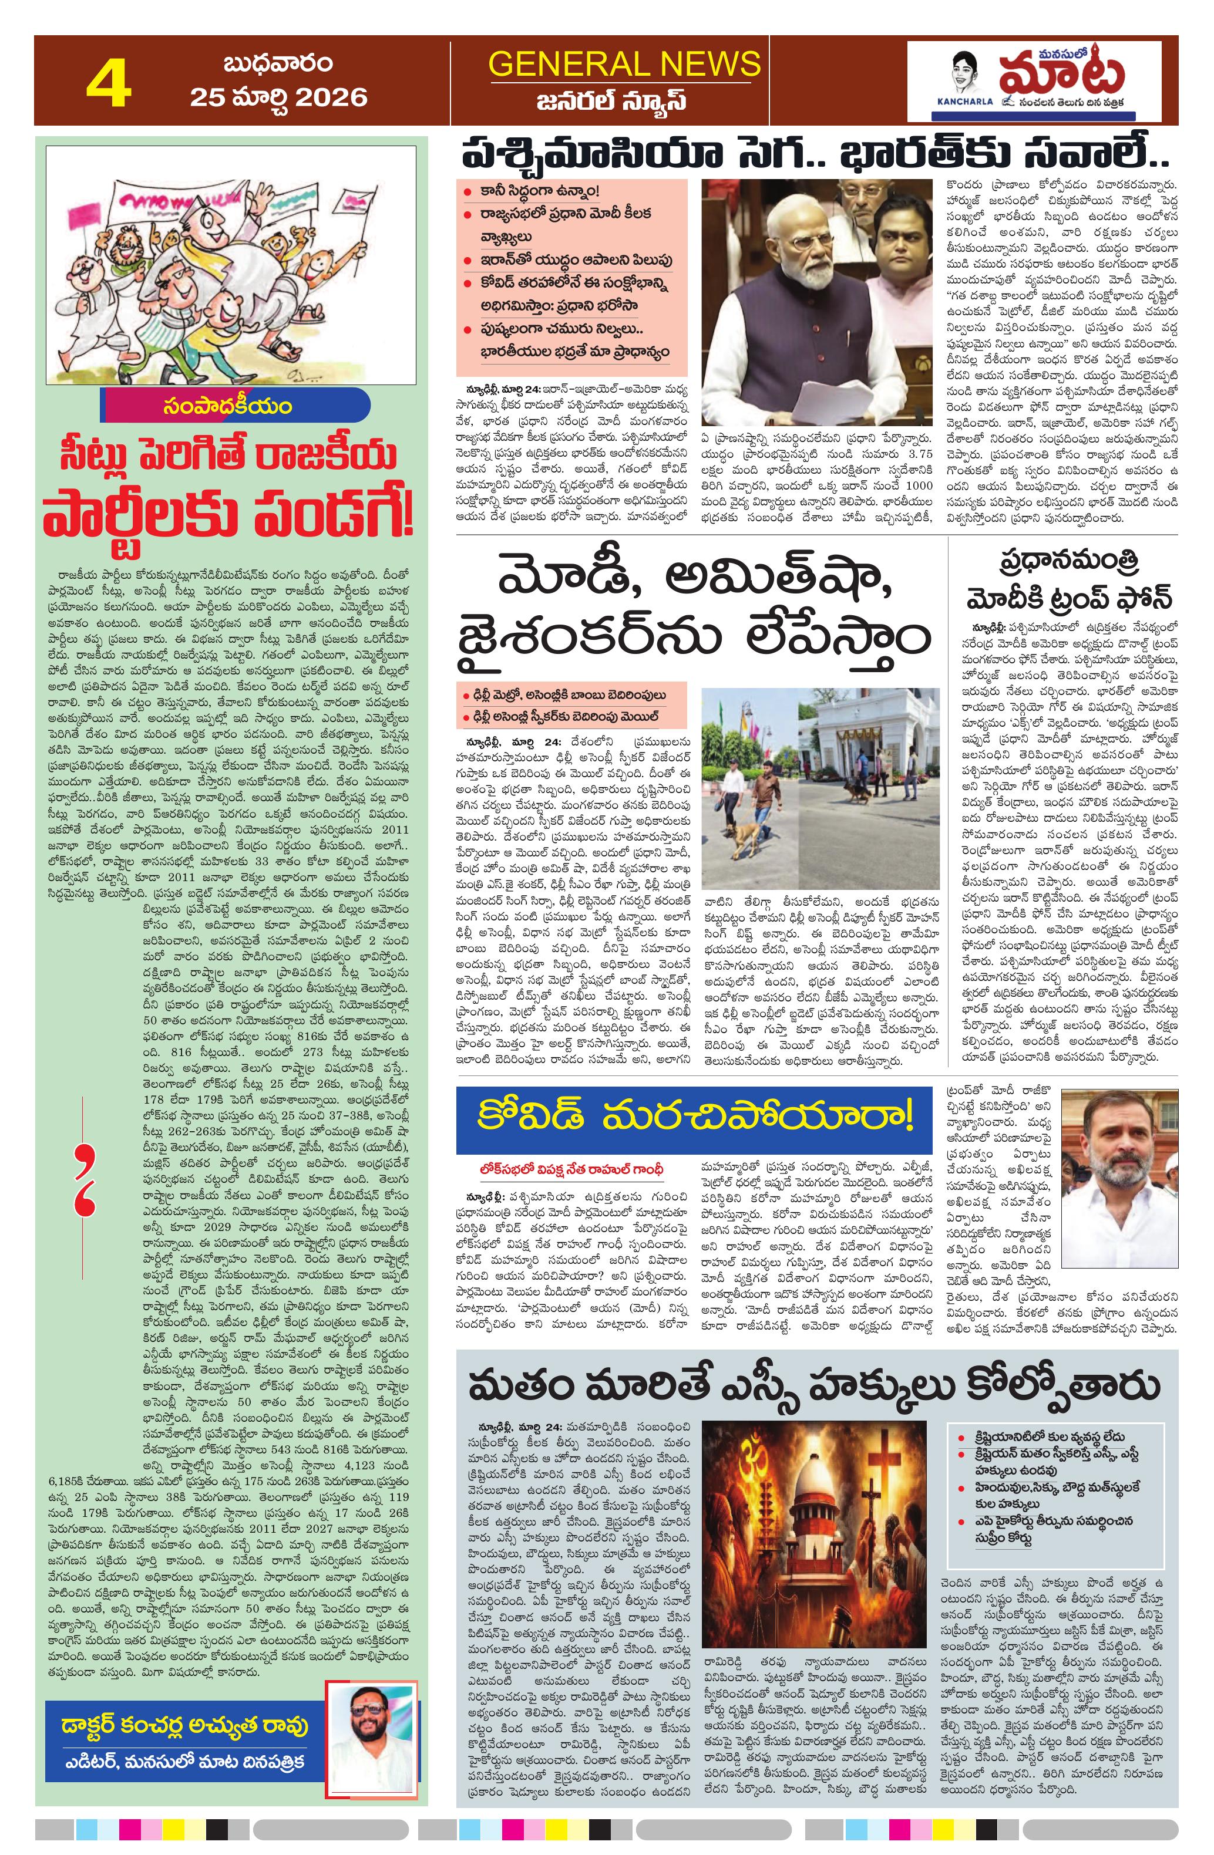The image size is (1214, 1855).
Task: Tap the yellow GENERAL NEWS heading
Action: tap(624, 63)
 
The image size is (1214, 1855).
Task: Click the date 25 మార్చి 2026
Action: tap(278, 97)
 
